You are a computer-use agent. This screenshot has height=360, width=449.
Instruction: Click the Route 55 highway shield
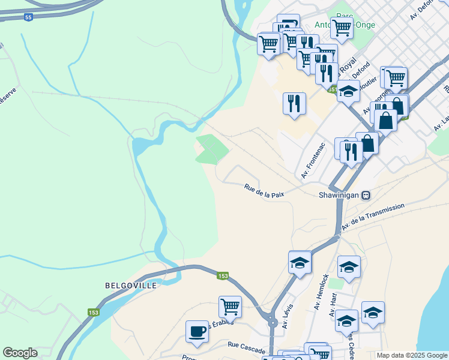pos(29,17)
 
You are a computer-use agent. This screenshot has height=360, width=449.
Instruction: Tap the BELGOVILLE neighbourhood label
pos(131,286)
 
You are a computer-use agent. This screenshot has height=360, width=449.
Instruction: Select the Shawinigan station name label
pos(339,195)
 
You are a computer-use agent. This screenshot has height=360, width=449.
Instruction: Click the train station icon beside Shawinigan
pos(366,195)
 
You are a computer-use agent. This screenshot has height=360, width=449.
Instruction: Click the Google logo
pos(20,353)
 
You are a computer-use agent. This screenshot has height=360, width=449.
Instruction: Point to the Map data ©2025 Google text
pos(411,355)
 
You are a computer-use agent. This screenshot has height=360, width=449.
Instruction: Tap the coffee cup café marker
pos(197,331)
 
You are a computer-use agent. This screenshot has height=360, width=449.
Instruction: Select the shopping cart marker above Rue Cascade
pos(230,307)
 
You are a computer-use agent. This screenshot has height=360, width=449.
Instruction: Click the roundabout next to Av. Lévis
pos(272,322)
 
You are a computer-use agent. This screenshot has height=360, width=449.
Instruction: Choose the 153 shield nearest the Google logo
pos(93,312)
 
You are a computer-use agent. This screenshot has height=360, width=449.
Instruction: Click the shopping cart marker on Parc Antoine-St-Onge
pos(342,26)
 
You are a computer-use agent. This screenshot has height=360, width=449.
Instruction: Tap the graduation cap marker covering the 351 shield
pos(348,91)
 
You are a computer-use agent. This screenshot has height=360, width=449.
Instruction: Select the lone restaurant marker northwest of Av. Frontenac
pos(294,103)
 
